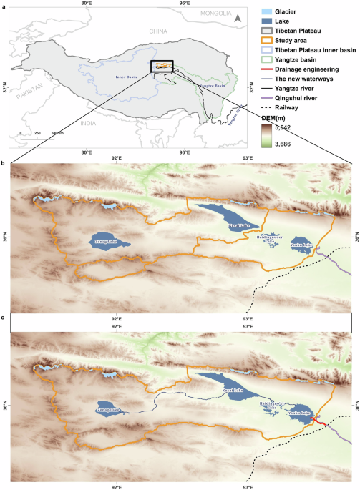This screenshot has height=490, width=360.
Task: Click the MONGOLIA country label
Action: click(x=216, y=14)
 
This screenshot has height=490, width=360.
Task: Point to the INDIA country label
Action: click(x=88, y=123)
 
